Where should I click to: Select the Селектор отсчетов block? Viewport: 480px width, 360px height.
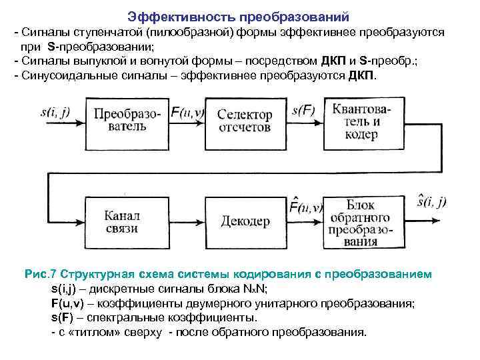click(244, 120)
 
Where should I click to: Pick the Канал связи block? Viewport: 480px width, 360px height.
click(121, 221)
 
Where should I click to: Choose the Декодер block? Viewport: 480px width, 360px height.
click(245, 221)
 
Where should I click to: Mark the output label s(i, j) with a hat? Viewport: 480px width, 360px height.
click(431, 201)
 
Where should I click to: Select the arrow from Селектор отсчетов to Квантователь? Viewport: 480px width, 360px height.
click(307, 121)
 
